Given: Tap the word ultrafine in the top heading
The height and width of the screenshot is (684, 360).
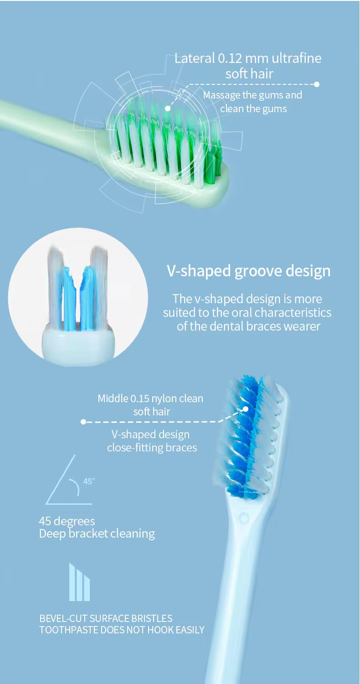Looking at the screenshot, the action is click(x=296, y=58).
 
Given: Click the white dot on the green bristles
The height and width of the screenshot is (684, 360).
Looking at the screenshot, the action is click(x=168, y=108).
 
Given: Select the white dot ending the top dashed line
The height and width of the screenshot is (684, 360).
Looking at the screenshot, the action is click(x=317, y=84).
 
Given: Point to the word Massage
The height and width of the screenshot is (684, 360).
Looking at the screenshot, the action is click(x=222, y=95).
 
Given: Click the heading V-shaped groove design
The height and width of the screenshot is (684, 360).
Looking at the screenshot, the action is click(x=248, y=271).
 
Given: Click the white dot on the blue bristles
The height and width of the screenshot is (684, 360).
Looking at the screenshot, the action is click(x=246, y=409).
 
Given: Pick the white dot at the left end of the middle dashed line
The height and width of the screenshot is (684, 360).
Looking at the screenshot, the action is click(x=83, y=422).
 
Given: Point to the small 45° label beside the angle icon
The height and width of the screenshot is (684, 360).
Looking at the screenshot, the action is click(x=89, y=481).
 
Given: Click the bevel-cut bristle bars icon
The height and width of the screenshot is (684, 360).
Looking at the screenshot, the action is click(x=79, y=582).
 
